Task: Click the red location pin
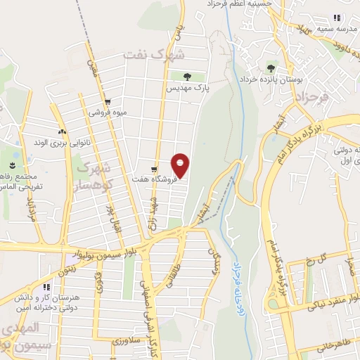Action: (x=181, y=165)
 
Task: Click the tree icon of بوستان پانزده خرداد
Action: (x=271, y=68)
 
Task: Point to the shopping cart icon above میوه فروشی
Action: (x=106, y=101)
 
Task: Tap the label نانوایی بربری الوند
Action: (x=63, y=142)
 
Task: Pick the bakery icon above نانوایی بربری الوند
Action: (x=63, y=131)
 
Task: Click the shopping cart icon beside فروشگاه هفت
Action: (x=154, y=169)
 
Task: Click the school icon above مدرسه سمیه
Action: (x=337, y=18)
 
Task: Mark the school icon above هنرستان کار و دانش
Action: (x=46, y=287)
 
